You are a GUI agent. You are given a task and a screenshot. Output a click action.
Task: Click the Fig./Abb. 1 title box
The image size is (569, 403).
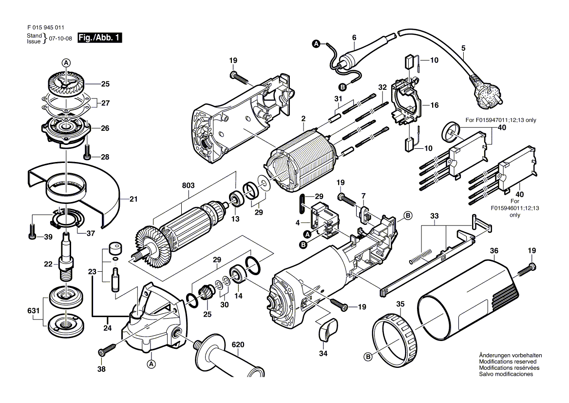click(x=100, y=38)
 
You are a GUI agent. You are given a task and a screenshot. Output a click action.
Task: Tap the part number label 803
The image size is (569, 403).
click(x=189, y=186)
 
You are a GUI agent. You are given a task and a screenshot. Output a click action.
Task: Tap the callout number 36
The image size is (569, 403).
click(x=494, y=251)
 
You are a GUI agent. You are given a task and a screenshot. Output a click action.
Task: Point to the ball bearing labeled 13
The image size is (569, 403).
click(x=237, y=199)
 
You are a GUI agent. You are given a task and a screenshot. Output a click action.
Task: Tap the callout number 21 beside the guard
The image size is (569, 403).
click(x=133, y=199)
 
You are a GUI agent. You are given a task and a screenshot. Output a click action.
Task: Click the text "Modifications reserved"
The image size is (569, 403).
click(x=508, y=362)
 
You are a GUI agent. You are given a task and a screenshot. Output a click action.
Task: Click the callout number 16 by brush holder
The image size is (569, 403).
click(x=435, y=105)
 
